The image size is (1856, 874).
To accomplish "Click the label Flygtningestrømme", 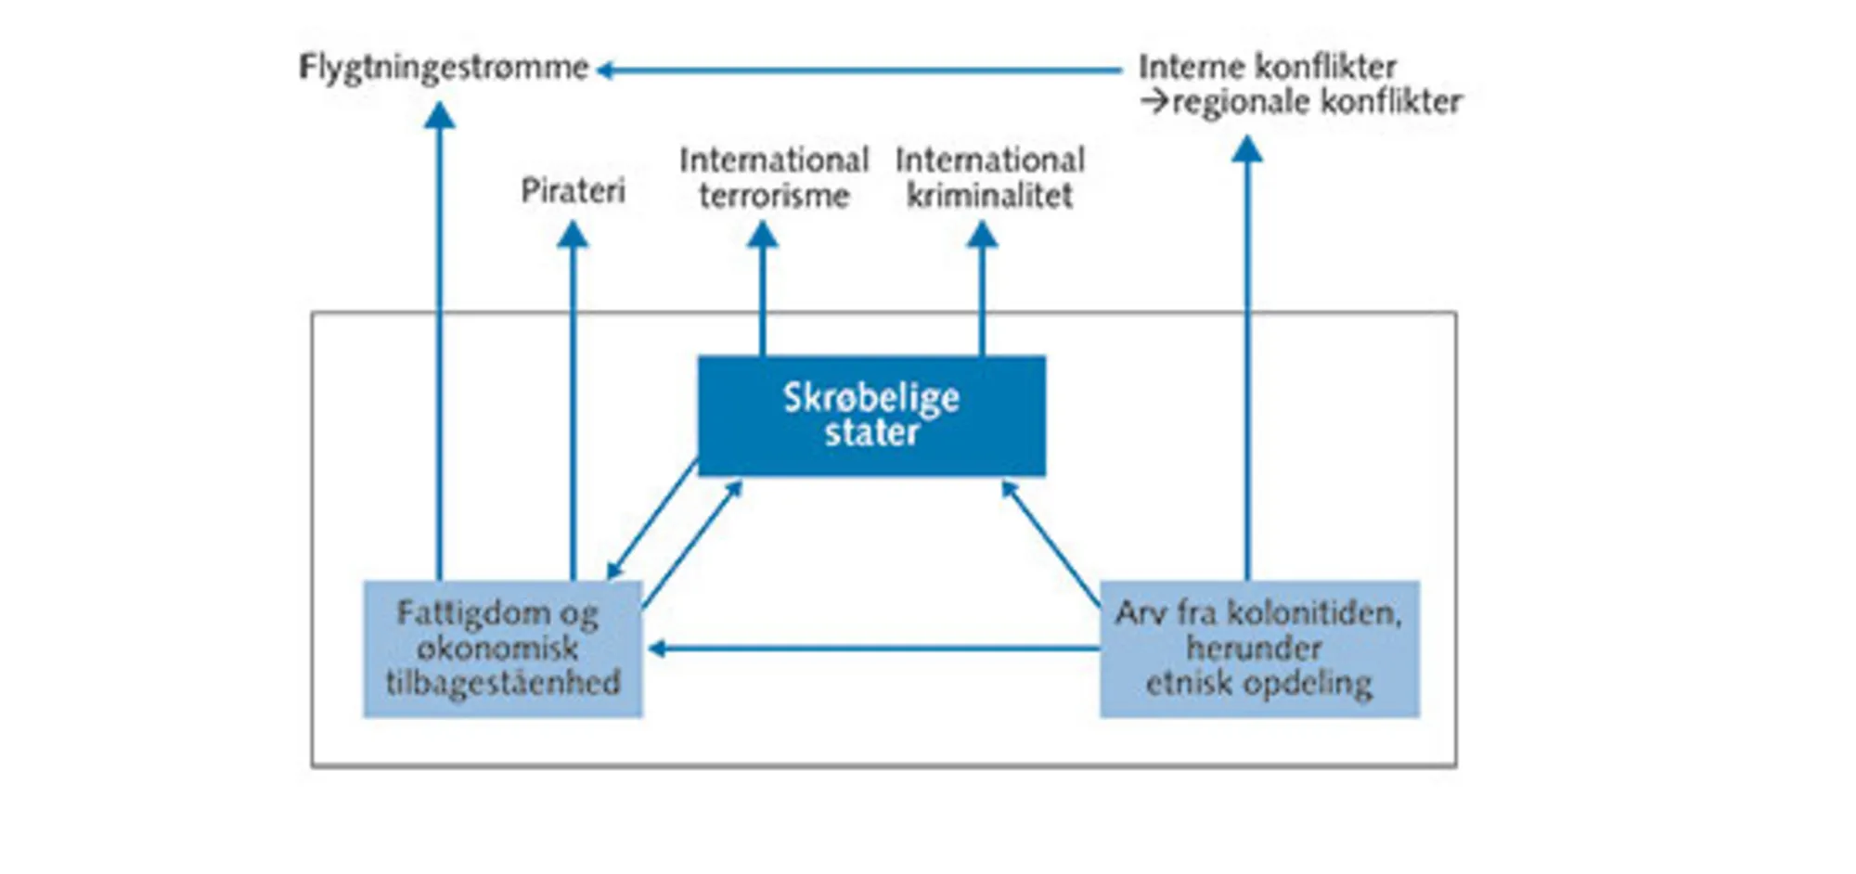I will [444, 68].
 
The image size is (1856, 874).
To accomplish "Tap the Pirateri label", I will [573, 191].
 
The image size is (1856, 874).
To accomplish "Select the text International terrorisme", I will [774, 177].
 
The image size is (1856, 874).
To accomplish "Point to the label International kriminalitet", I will [989, 177].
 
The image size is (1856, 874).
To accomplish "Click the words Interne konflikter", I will [1267, 67].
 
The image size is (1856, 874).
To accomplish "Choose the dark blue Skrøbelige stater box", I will [871, 415].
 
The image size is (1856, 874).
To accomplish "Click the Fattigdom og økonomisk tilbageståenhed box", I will [502, 649].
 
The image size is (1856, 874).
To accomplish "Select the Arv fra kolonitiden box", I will [1259, 649].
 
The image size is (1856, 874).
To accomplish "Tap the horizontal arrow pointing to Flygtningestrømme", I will [858, 70].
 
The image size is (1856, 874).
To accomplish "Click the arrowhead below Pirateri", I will [573, 235].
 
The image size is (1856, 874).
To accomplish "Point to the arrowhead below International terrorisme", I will [763, 235].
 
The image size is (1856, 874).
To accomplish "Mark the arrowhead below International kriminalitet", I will [982, 235].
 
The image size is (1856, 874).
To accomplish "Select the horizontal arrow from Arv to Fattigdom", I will [872, 649].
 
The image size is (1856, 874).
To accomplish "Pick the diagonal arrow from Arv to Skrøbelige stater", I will [1051, 544].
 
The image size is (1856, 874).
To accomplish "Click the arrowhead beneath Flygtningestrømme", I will [439, 116].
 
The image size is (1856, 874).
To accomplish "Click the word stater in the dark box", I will [871, 433].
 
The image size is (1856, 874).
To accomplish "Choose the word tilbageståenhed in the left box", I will [502, 683].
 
